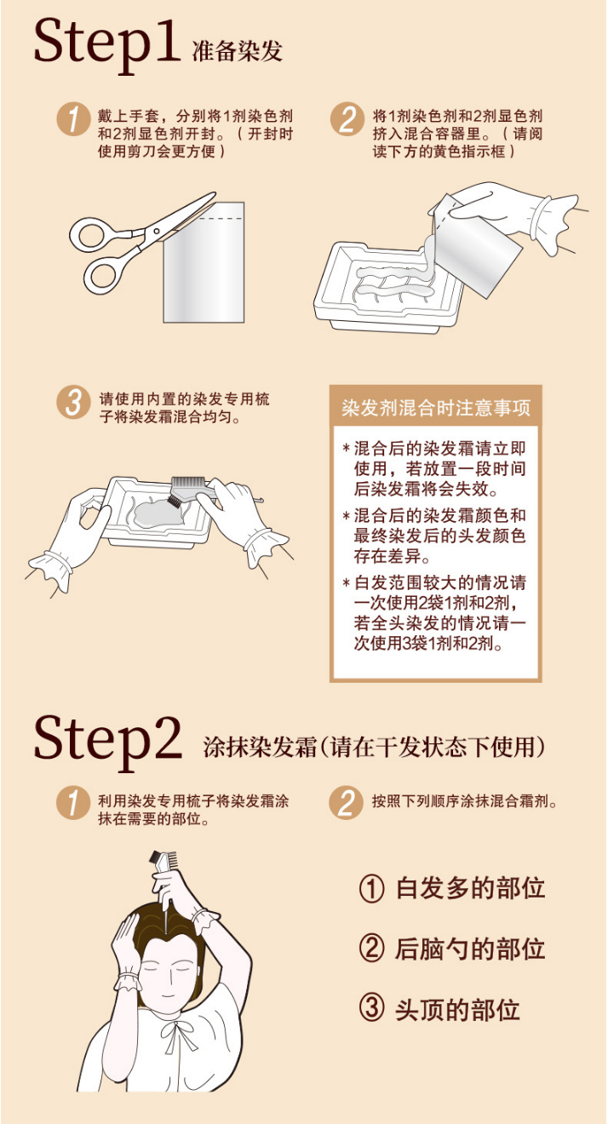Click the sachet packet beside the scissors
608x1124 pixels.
tap(204, 262)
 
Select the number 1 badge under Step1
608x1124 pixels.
tap(72, 120)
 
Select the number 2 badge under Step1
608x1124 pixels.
tap(347, 120)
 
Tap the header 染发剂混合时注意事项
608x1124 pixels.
tap(435, 407)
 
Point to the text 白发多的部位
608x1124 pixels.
tap(470, 887)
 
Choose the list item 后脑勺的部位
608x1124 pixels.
tap(470, 949)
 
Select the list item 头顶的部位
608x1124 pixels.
tap(457, 1010)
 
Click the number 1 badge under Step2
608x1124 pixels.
tap(72, 804)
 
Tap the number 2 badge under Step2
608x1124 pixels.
tap(346, 803)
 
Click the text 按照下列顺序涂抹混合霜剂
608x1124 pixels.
tap(465, 801)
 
